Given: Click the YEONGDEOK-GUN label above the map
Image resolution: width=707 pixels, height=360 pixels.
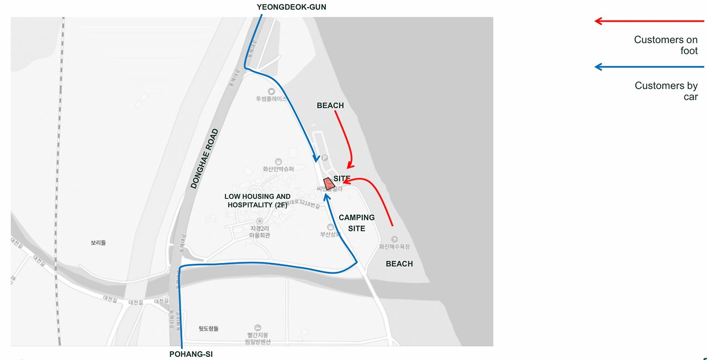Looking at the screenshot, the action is coord(296,7).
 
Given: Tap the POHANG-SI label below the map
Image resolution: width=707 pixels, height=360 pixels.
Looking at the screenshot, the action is coord(191,354).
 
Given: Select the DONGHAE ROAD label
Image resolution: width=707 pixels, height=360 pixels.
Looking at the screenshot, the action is coord(204,159).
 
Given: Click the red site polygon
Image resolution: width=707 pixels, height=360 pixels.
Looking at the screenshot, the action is coord(329,183).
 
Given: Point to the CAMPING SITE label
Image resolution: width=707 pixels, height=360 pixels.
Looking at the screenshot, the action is coord(356,223).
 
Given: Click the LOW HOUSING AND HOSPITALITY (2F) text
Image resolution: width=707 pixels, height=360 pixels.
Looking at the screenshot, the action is coord(257,200).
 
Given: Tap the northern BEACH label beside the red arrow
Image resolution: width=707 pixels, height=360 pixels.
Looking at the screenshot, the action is coord(330,105).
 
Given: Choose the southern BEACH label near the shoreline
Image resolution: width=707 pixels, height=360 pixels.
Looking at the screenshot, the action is coord(399,264).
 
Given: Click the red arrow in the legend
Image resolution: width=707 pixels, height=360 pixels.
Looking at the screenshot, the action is coord(649,22).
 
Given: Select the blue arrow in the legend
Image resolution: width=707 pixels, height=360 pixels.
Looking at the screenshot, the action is coord(649,67).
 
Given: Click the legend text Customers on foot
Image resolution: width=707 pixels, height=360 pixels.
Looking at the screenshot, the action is coord(666,45).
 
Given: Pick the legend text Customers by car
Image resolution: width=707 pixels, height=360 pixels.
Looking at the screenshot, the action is coord(667,91).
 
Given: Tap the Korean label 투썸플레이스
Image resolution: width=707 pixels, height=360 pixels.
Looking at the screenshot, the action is coord(271,99).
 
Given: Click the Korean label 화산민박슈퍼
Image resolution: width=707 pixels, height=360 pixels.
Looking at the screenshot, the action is coord(278,169).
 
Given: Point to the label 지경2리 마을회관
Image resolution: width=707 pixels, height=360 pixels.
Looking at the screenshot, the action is coord(260,232).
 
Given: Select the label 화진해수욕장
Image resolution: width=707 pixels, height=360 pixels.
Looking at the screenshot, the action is coord(393,247).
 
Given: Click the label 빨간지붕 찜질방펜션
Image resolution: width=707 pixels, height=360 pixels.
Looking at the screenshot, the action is coord(257,338).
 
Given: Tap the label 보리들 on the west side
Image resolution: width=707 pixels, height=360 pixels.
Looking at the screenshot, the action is coord(98,242).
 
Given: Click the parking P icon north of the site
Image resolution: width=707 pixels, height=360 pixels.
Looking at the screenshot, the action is coord(325,158).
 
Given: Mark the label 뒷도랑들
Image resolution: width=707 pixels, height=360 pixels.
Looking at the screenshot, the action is coord(209,329).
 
